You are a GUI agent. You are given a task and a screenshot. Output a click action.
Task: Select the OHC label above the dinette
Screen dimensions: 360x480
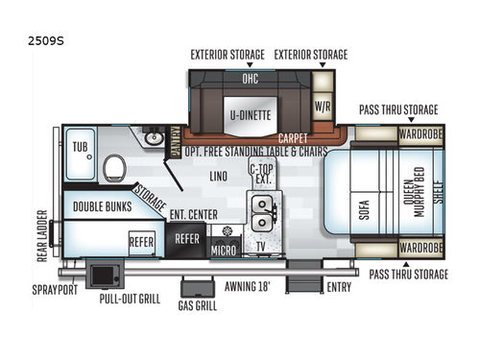pos(250,79)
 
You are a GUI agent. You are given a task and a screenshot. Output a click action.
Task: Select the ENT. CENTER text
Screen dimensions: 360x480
pos(192,215)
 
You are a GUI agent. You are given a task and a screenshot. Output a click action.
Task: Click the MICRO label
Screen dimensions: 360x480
pos(224,252)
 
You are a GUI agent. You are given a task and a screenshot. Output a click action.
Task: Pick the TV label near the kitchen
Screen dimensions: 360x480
pos(261,247)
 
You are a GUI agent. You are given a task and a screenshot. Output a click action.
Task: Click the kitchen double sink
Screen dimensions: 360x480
pos(261,212)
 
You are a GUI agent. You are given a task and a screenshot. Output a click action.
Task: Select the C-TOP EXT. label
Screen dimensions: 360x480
pos(262,174)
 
